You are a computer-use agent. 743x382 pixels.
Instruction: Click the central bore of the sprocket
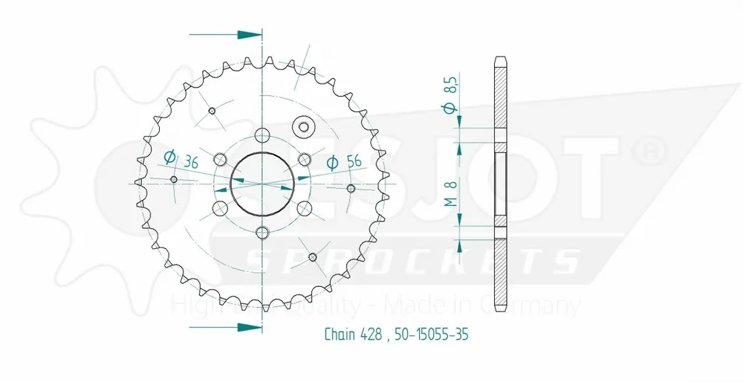[262, 182]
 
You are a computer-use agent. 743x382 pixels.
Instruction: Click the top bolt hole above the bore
[262, 135]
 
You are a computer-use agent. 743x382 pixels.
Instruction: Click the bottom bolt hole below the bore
[262, 232]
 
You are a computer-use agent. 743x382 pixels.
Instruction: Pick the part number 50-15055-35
[428, 334]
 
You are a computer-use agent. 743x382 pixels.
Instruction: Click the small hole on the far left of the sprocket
[174, 179]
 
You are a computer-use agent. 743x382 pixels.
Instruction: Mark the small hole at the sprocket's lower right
[312, 257]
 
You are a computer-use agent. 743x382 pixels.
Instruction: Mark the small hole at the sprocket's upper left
[212, 111]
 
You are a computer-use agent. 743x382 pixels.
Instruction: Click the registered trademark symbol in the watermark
[647, 152]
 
